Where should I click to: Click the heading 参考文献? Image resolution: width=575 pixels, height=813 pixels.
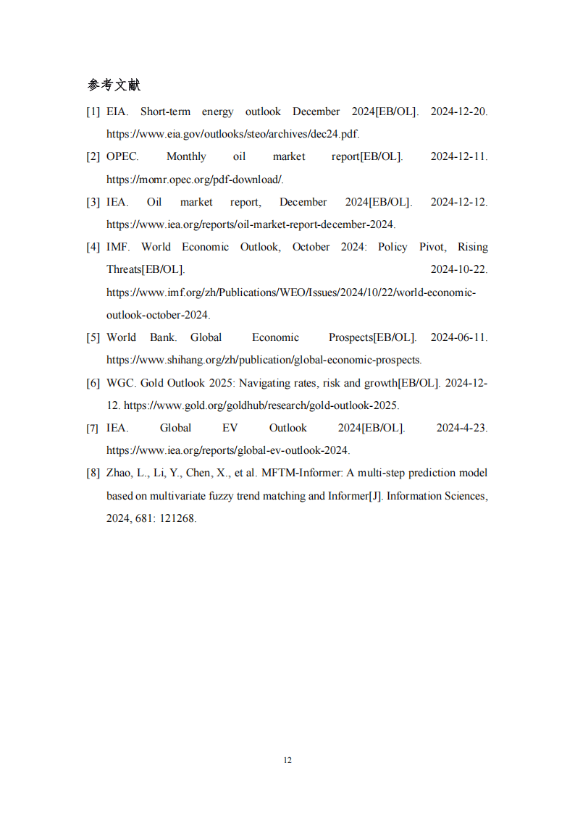click(x=114, y=85)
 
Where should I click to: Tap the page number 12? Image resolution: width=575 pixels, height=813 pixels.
click(x=287, y=760)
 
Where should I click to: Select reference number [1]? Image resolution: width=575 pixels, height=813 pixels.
click(x=93, y=111)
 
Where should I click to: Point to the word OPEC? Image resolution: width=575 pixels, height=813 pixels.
click(x=122, y=156)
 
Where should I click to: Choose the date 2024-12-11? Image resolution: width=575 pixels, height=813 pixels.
click(x=459, y=156)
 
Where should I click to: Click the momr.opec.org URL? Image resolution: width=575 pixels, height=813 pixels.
click(x=195, y=180)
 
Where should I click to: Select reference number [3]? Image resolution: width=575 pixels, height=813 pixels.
click(x=93, y=202)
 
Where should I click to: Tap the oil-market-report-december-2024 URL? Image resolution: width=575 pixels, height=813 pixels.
click(x=251, y=224)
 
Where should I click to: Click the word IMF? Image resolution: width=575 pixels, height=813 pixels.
click(x=117, y=247)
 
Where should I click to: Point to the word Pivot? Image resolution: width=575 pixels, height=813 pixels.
click(x=432, y=247)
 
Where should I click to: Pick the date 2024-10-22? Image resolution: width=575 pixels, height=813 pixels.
click(x=459, y=269)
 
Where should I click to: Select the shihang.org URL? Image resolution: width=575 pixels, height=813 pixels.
click(x=264, y=360)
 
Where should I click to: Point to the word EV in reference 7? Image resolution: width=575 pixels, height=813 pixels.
click(x=230, y=428)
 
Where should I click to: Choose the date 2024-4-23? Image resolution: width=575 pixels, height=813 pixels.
click(x=462, y=428)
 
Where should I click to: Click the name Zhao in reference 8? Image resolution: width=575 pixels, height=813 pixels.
click(x=119, y=473)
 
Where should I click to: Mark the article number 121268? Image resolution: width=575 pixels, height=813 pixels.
click(x=177, y=518)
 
